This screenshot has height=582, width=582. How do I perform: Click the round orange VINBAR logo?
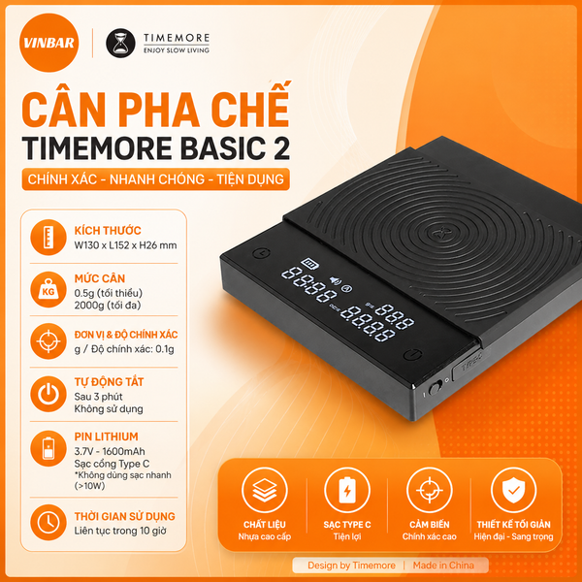[x=49, y=43]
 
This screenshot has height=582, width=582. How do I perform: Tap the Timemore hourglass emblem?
[x=120, y=43]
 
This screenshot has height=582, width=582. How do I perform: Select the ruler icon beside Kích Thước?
[x=48, y=238]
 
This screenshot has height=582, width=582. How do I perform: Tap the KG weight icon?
[x=48, y=289]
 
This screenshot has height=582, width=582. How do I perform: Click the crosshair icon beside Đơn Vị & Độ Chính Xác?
[x=48, y=341]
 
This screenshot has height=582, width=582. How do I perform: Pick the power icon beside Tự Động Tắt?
[x=48, y=394]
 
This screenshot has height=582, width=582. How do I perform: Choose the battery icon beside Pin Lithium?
[x=48, y=448]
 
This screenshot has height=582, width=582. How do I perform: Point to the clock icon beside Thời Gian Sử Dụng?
[x=48, y=522]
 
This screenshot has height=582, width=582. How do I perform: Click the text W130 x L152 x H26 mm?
[x=125, y=245]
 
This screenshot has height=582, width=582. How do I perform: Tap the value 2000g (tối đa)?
[x=108, y=306]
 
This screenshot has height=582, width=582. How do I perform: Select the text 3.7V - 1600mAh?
[x=110, y=451]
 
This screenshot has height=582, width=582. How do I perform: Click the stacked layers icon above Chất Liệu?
[x=264, y=490]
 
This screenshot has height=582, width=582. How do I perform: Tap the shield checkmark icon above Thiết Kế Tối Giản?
[x=513, y=490]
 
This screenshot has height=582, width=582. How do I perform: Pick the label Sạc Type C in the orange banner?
[x=347, y=525]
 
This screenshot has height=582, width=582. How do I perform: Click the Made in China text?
[x=443, y=566]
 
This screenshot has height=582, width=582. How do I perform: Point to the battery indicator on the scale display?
[x=310, y=264]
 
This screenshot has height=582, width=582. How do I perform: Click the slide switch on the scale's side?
[x=435, y=388]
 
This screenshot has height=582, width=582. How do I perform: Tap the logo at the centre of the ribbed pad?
[x=441, y=234]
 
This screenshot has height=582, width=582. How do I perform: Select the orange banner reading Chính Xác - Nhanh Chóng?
[x=155, y=179]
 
